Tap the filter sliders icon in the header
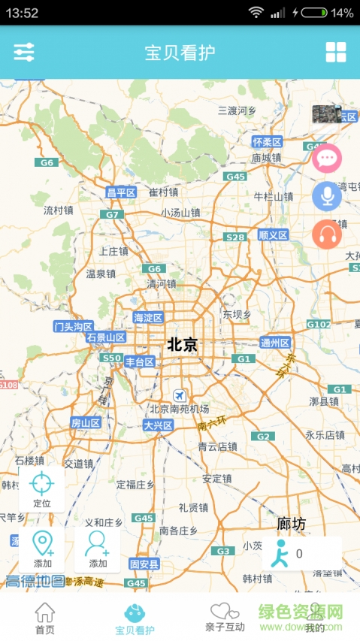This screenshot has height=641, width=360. coord(24,52)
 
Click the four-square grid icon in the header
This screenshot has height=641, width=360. coord(336,52)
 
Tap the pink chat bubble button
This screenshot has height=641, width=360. coord(327,159)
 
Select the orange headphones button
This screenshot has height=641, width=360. coord(327,234)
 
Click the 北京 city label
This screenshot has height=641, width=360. coord(183,345)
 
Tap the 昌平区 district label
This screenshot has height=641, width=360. coord(121,193)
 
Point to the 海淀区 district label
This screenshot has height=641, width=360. coord(148,318)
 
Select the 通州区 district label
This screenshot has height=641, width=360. coord(275,343)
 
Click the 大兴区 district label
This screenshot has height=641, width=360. coord(159,425)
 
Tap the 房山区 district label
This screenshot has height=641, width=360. coord(86,423)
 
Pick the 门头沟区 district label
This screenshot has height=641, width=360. coord(74,326)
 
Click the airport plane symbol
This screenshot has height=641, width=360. coord(179,395)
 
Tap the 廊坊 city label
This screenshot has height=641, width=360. coord(292,524)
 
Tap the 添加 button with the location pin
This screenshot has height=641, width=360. coord(43,549)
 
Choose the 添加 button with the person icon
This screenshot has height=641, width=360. coord(98,549)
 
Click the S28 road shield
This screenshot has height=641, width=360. coord(235,237)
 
